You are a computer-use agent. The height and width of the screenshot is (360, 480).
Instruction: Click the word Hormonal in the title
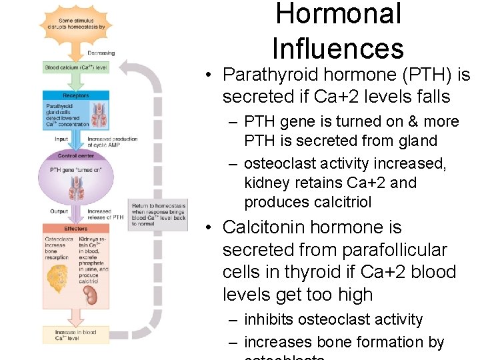coord(338,15)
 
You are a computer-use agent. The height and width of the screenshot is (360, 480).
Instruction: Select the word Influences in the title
coord(338,49)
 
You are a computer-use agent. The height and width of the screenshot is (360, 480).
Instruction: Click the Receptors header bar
coord(76,96)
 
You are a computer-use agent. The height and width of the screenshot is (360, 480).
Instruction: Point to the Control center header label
coord(76,156)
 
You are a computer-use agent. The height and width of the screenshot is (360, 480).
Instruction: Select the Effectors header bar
coord(76,229)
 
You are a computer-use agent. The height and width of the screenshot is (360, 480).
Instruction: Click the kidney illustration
coord(93,295)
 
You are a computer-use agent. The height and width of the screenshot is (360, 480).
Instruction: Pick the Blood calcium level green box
coord(76,67)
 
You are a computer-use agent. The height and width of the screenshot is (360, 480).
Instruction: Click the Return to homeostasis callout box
coord(159,215)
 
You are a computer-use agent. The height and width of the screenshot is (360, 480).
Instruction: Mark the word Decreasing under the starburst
coord(101,53)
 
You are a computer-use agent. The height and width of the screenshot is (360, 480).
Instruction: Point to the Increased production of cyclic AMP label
coord(112,142)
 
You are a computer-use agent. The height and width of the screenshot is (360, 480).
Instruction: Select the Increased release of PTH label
coord(105,214)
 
